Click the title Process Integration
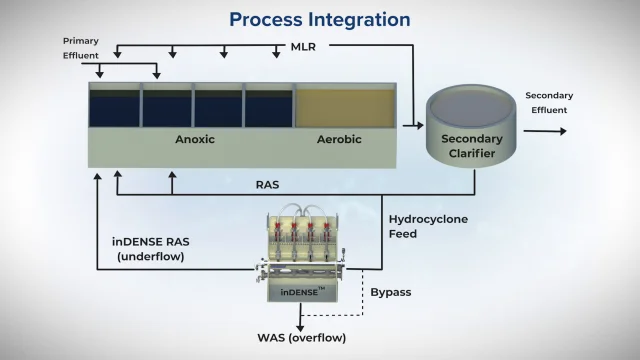[x=319, y=19]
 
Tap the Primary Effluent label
[x=80, y=49]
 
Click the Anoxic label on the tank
[x=195, y=140]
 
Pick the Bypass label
[x=391, y=293]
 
